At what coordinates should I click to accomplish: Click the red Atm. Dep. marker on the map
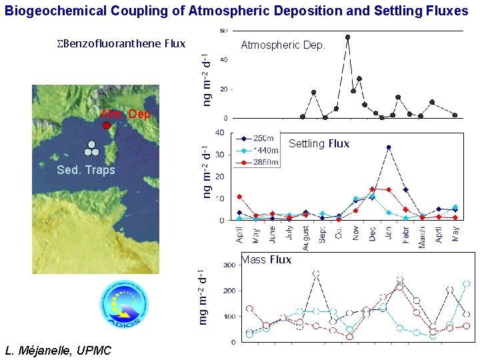[x=107, y=125]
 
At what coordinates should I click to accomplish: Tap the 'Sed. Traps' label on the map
[x=86, y=170]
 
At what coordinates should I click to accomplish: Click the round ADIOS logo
[x=121, y=304]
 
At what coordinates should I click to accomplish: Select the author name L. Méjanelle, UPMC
[x=58, y=351]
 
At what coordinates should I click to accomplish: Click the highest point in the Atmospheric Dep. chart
[x=347, y=37]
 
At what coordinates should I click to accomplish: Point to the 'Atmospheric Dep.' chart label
[x=283, y=45]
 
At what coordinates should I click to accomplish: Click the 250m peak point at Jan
[x=389, y=147]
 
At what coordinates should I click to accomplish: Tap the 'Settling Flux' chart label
[x=319, y=143]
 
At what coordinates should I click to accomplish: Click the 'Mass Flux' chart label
[x=267, y=260]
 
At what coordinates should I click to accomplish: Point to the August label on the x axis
[x=306, y=237]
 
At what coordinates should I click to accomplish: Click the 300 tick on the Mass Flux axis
[x=228, y=265]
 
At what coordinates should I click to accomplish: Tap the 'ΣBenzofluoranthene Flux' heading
[x=120, y=43]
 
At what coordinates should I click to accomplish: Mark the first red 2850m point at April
[x=239, y=197]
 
